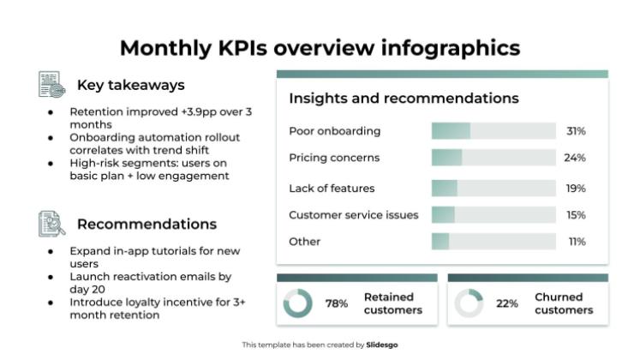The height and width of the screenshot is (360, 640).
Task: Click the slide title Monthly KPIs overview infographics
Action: (x=320, y=48)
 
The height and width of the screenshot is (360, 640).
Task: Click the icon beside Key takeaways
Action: (x=51, y=85)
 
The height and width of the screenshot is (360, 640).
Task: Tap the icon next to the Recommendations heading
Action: (x=51, y=224)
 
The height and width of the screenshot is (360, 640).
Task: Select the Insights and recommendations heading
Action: (x=404, y=99)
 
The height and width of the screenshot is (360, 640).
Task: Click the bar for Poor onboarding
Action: (x=493, y=131)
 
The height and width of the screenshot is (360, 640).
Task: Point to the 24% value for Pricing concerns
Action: (x=574, y=158)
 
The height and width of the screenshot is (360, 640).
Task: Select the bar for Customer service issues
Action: (x=493, y=215)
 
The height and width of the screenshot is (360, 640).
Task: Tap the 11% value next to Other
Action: (x=577, y=242)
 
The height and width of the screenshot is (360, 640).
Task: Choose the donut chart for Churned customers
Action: (x=470, y=303)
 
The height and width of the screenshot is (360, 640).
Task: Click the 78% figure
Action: (x=337, y=303)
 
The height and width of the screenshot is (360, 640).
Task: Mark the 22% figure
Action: (x=507, y=303)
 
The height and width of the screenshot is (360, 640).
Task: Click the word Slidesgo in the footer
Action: (x=382, y=345)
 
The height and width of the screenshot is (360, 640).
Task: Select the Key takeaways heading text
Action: (x=130, y=85)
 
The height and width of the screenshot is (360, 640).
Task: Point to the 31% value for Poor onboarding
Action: (x=576, y=131)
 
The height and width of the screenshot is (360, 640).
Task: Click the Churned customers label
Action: (x=564, y=303)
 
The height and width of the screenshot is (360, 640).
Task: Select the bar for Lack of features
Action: (x=493, y=189)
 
